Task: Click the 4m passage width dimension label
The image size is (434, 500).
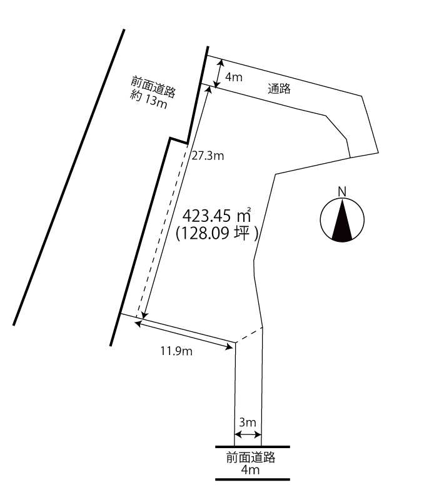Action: (234, 77)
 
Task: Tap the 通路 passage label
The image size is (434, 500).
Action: (280, 88)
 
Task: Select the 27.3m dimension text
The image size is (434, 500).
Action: (208, 156)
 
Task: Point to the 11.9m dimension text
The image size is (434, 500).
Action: (176, 351)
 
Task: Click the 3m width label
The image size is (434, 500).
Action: (248, 422)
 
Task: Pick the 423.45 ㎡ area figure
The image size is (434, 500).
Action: (216, 216)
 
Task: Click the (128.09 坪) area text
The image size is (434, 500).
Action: (217, 233)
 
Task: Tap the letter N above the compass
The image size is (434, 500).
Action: (342, 192)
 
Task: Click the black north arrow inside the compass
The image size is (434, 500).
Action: (342, 219)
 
